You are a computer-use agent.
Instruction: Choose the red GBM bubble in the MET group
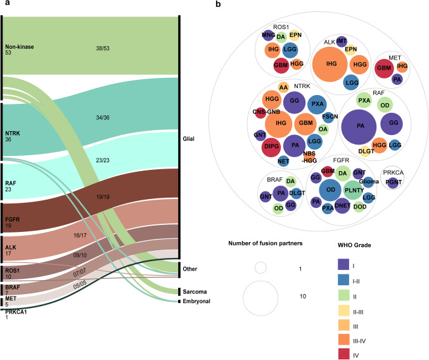pyautogui.click(x=384, y=68)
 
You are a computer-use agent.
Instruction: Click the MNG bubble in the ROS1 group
pyautogui.click(x=268, y=35)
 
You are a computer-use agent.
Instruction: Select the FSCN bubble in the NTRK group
pyautogui.click(x=330, y=117)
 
